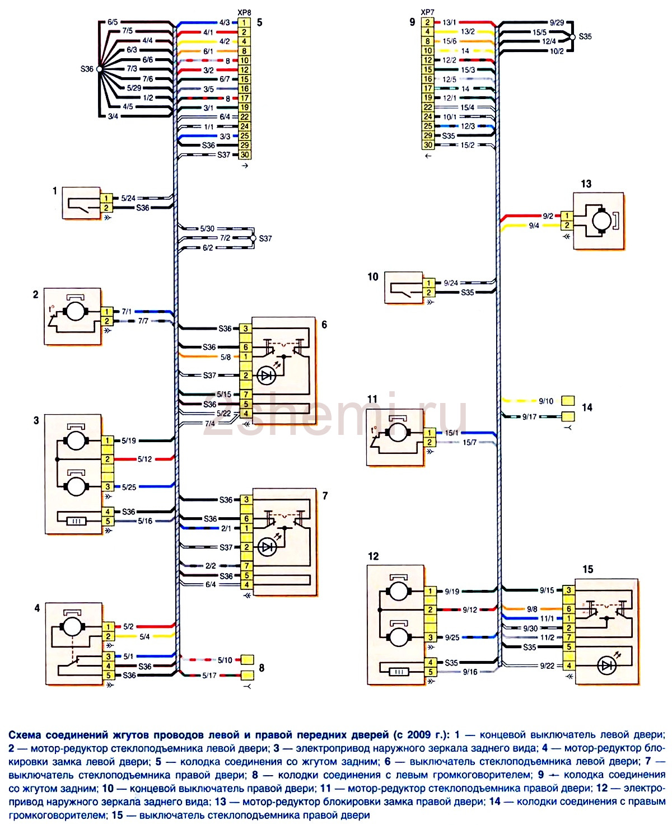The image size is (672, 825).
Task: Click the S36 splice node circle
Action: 99,69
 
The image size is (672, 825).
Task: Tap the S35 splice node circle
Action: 572,37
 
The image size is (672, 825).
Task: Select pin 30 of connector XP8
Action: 244,155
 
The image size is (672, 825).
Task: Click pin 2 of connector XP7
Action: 428,22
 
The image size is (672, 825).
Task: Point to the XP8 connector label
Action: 244,12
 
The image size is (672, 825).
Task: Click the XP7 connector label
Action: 427,12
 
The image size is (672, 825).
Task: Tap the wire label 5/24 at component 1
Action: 128,198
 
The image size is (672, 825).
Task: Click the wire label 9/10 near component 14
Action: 545,401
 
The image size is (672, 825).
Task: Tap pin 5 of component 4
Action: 108,676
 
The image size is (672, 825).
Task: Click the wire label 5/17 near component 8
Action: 209,676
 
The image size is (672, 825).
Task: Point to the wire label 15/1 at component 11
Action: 451,433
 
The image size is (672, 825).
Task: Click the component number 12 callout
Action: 373,556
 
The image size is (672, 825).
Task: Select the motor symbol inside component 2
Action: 74,311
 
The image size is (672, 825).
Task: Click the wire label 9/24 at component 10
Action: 451,283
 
